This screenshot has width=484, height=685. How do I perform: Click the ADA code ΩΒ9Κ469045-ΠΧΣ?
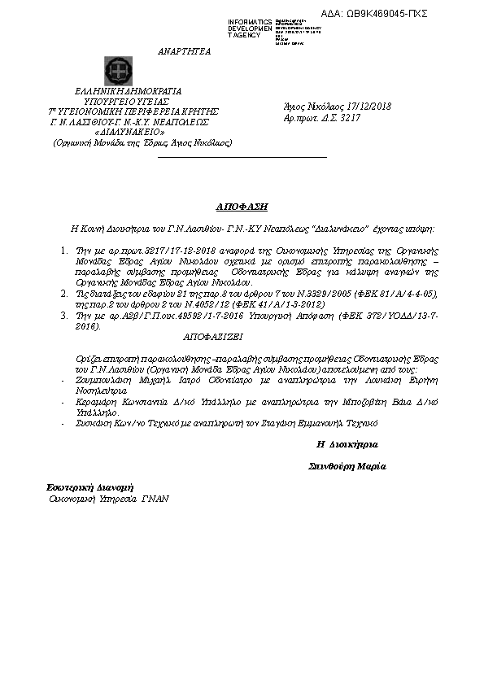386,14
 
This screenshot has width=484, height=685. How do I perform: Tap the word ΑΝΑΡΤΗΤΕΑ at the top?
185,50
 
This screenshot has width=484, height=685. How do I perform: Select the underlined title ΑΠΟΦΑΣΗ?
242,207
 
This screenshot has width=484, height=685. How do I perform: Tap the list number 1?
66,253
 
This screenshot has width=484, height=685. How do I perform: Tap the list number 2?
66,290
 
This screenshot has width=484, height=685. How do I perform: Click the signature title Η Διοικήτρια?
347,445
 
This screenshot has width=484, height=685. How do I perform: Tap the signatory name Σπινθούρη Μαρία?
347,467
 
